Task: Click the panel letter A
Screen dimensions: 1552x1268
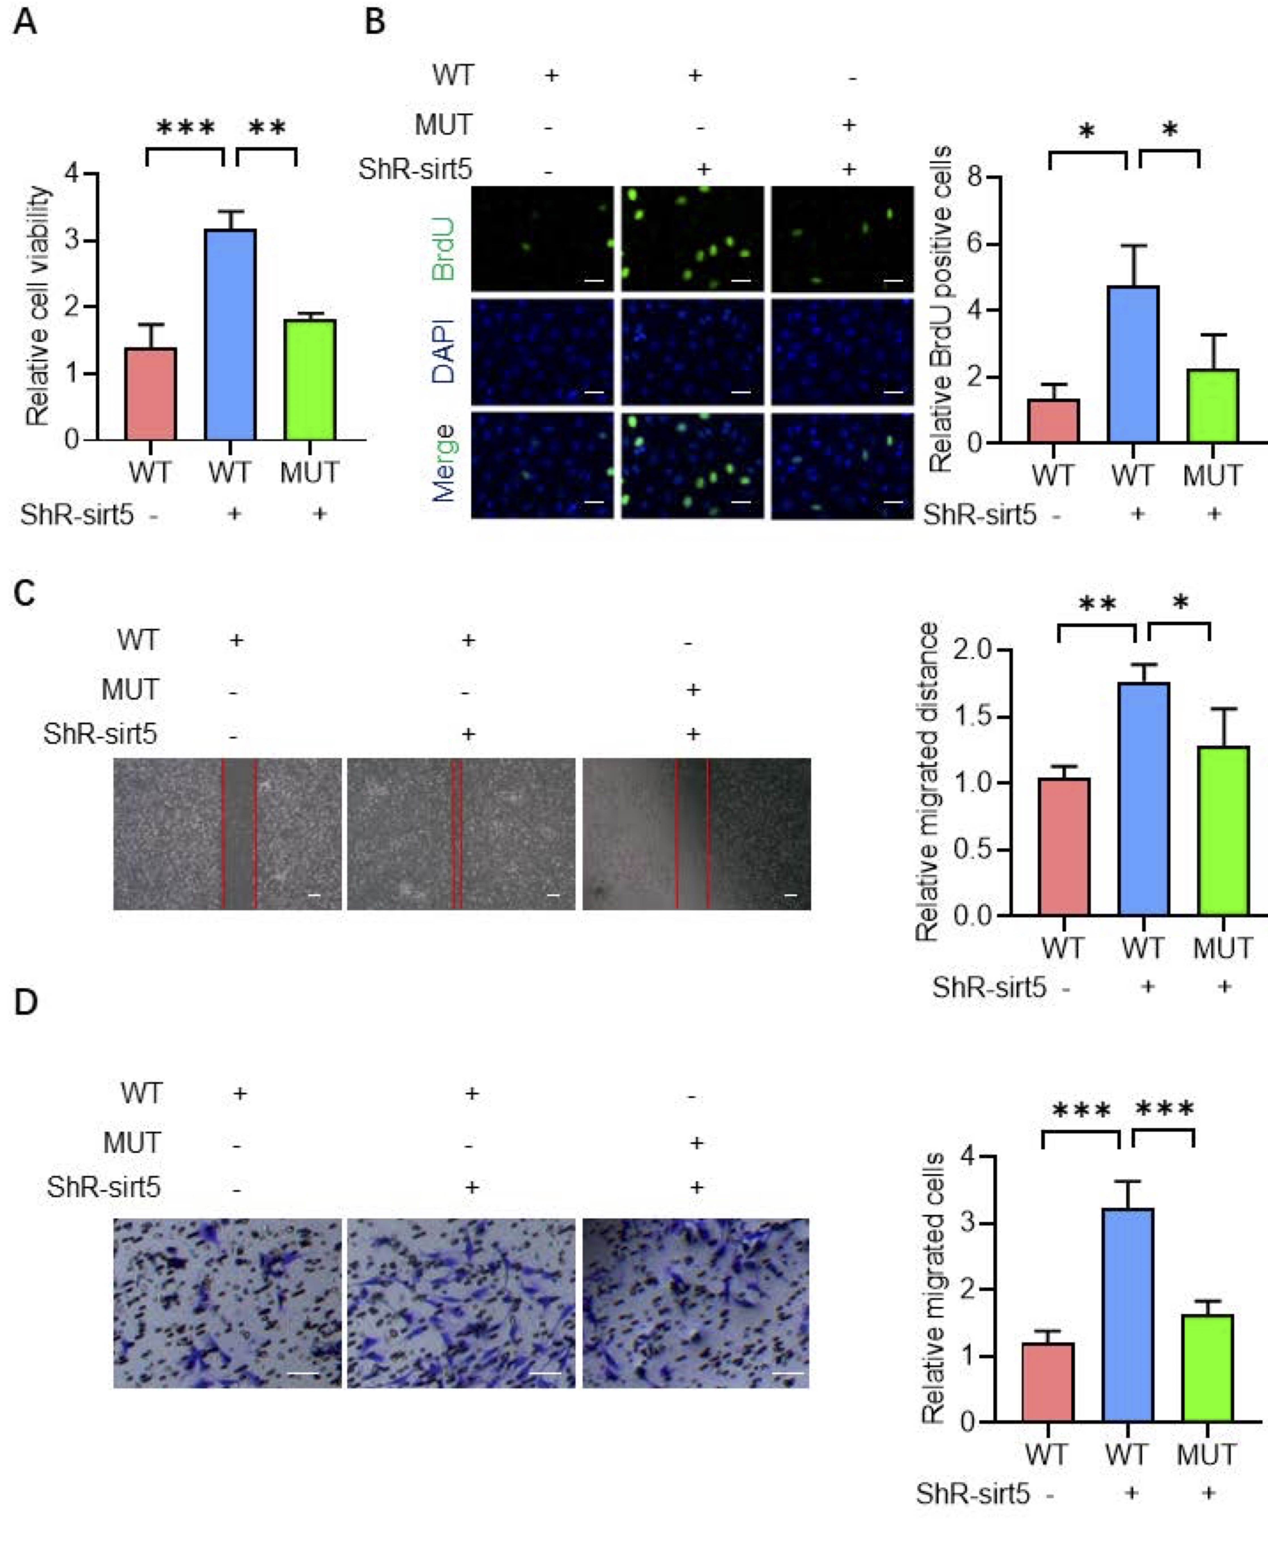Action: tap(25, 22)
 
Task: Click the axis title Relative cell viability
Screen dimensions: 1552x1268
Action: tap(38, 307)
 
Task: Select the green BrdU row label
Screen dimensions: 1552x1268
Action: tap(443, 248)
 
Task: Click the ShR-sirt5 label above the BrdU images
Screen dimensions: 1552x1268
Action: tap(415, 169)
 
